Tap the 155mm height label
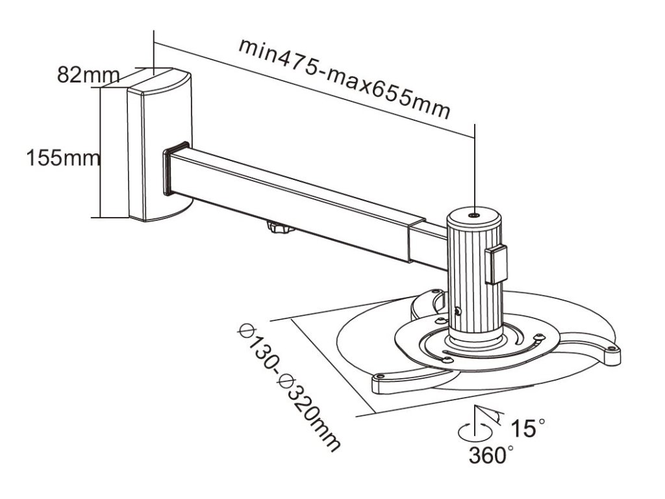(63, 158)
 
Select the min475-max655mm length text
(344, 78)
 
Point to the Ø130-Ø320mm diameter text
(289, 384)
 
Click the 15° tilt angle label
(527, 428)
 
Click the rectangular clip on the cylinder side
(496, 263)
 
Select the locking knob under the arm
(278, 229)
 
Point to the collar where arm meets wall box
(175, 169)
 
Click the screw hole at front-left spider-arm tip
(380, 376)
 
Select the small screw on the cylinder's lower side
(459, 311)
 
